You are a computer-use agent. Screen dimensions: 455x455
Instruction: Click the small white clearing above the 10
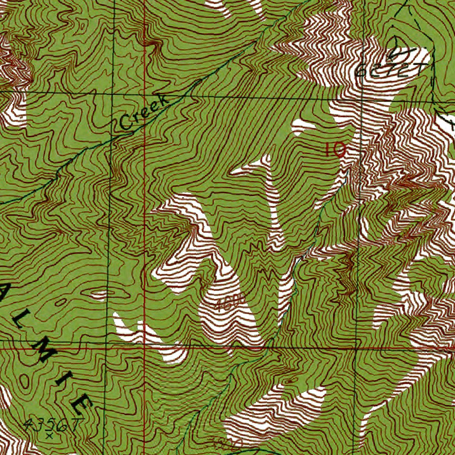coord(302,126)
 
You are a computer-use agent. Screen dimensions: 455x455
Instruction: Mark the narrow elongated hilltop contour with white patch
coord(100,294)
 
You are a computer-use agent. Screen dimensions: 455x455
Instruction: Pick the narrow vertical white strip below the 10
coord(272,200)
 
